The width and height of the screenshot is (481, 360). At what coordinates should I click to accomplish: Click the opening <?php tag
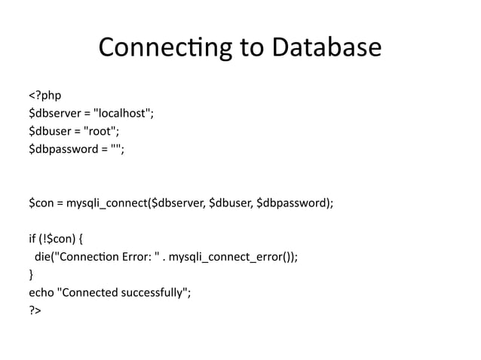[44, 95]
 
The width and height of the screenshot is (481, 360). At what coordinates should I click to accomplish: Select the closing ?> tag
[35, 310]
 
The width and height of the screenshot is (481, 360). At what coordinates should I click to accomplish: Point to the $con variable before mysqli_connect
[41, 203]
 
